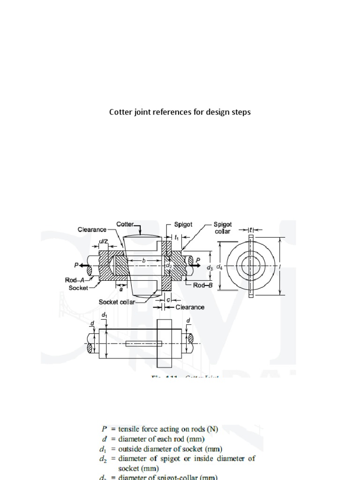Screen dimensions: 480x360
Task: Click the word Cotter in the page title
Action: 120,112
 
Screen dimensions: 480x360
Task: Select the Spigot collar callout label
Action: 223,228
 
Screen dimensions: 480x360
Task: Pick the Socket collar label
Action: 117,302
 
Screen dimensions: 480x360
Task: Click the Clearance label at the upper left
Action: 92,230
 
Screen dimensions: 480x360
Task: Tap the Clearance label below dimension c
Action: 190,307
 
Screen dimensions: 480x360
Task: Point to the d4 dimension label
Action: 220,266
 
